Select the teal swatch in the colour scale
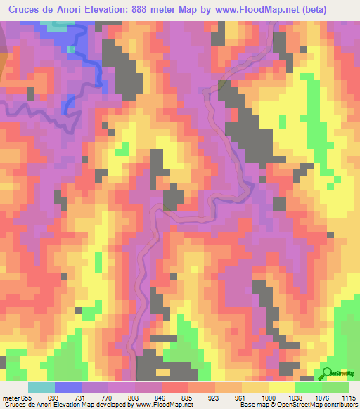(x=41, y=388)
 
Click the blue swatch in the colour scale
(x=68, y=388)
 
